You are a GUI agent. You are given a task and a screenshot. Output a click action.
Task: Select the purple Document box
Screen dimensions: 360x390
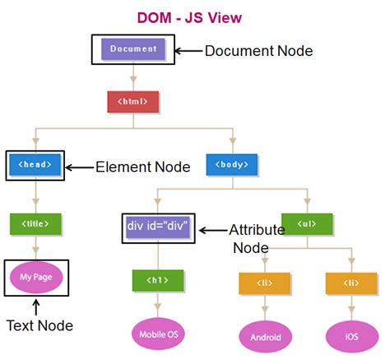pyautogui.click(x=132, y=49)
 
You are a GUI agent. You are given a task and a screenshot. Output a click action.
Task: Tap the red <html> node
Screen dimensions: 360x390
pyautogui.click(x=132, y=101)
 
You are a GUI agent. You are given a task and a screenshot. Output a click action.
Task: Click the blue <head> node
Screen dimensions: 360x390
pyautogui.click(x=35, y=165)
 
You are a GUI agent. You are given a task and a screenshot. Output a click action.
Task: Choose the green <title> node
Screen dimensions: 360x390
pyautogui.click(x=35, y=222)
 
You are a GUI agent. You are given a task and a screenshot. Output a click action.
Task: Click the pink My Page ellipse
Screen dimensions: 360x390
pyautogui.click(x=36, y=278)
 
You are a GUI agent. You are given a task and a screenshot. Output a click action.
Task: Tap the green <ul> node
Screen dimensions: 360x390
pyautogui.click(x=307, y=223)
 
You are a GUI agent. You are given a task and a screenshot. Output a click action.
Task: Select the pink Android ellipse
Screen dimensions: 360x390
pyautogui.click(x=265, y=336)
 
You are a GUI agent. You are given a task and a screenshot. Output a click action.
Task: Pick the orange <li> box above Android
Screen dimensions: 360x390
pyautogui.click(x=265, y=283)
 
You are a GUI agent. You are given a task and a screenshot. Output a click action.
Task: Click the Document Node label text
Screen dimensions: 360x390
pyautogui.click(x=258, y=51)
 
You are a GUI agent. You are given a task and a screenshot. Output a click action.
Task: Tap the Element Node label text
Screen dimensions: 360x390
pyautogui.click(x=142, y=167)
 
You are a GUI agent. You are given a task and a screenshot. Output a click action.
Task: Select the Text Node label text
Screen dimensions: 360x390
pyautogui.click(x=39, y=326)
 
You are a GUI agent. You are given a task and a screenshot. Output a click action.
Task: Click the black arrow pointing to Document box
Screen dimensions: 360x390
pyautogui.click(x=188, y=50)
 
